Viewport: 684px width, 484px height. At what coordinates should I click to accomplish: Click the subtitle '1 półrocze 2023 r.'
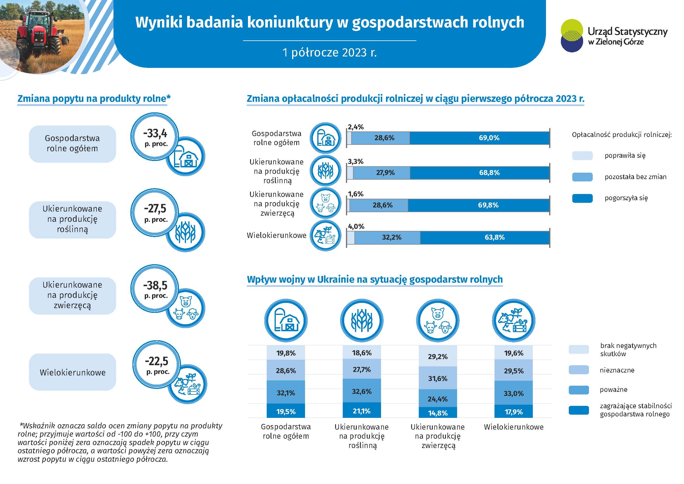tap(330, 52)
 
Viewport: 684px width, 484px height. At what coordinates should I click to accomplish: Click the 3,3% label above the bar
tap(355, 162)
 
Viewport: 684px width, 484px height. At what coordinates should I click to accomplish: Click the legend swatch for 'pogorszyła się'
tap(582, 198)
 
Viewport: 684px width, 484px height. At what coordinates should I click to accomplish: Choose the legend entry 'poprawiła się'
tap(625, 156)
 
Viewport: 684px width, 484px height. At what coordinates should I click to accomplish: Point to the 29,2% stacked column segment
tap(438, 356)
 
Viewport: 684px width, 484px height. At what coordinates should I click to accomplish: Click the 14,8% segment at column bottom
tap(438, 413)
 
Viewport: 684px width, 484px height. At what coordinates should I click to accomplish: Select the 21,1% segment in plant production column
tap(362, 411)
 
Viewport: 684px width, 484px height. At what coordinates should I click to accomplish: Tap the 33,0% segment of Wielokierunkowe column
tap(513, 393)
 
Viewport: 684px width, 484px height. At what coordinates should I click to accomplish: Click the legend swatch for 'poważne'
tap(578, 390)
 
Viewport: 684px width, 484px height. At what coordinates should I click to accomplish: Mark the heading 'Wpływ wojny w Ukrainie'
tap(375, 279)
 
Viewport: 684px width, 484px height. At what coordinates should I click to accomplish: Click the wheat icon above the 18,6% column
tap(362, 321)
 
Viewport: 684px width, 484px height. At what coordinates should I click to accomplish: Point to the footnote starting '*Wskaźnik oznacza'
tap(119, 442)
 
